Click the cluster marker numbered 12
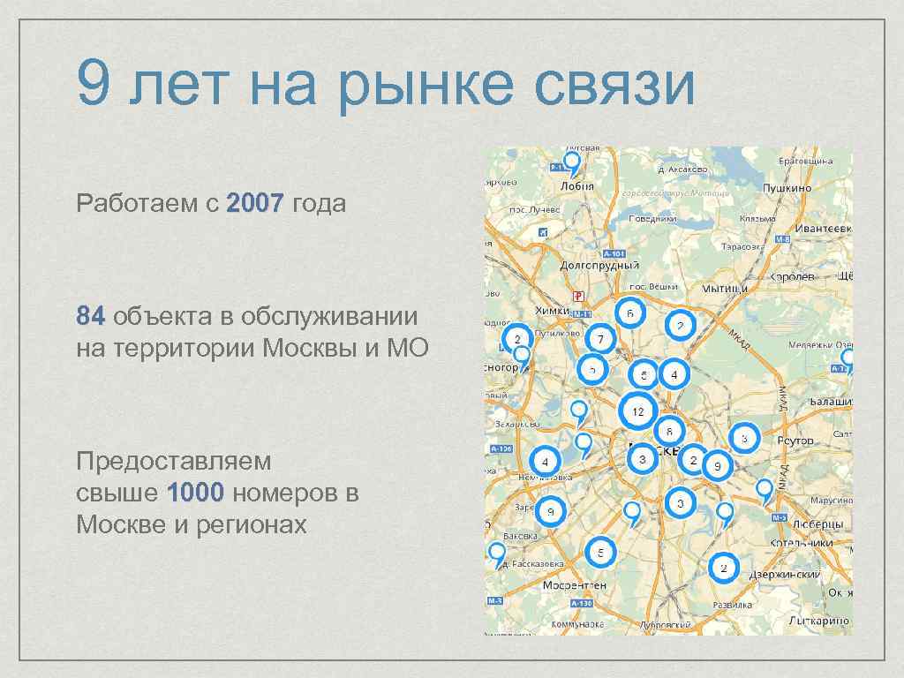pos(637,411)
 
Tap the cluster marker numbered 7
pos(600,338)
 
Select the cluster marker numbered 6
pos(629,313)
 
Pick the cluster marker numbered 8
pos(669,432)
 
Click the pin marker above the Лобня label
pos(573,163)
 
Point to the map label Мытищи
pos(726,288)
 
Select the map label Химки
pos(553,310)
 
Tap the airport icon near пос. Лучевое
pos(543,232)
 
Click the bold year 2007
pos(254,204)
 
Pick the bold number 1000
pos(199,493)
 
